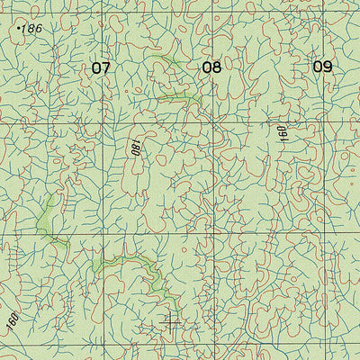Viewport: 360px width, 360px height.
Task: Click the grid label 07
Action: (x=100, y=67)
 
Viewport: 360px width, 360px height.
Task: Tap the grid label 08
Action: (x=211, y=67)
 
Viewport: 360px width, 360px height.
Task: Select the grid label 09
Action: (x=322, y=67)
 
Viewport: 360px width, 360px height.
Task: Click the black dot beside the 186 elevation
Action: (x=19, y=29)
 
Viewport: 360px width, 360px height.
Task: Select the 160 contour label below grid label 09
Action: (x=282, y=133)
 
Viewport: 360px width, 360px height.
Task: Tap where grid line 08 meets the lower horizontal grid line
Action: (x=213, y=237)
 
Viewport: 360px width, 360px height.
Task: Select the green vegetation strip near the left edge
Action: (x=47, y=220)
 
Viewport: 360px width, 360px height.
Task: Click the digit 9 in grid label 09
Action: (x=328, y=67)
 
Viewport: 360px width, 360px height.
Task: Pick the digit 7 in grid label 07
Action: (x=105, y=67)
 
